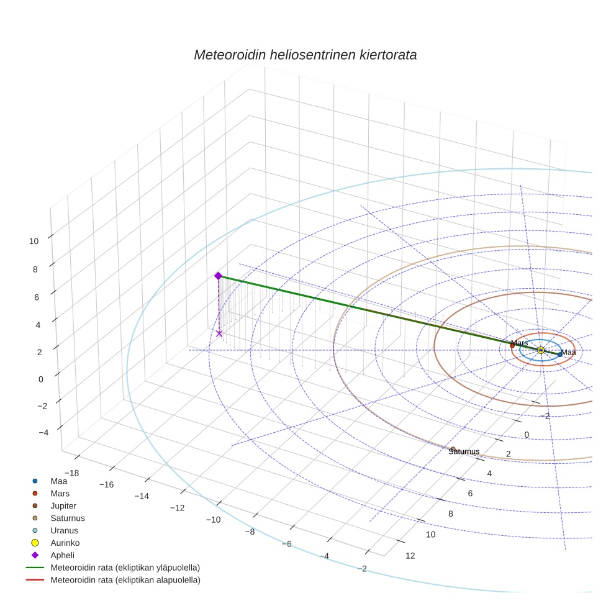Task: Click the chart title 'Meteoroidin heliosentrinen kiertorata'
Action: (305, 55)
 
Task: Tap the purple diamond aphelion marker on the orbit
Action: (218, 276)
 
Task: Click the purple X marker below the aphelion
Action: (219, 333)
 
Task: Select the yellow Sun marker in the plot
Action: (541, 350)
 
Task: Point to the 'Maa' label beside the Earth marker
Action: (569, 352)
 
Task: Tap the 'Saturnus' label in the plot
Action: (464, 451)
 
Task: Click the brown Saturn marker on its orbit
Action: (453, 449)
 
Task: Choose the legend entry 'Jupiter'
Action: (63, 505)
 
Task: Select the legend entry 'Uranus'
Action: (64, 530)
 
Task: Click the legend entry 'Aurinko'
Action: (65, 543)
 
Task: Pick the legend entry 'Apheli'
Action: (62, 555)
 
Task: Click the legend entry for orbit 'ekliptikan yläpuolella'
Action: (125, 568)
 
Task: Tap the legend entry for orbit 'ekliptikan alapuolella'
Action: (125, 580)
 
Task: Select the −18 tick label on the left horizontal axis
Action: (71, 474)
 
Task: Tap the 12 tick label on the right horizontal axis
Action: (410, 555)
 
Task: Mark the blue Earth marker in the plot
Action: (560, 355)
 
